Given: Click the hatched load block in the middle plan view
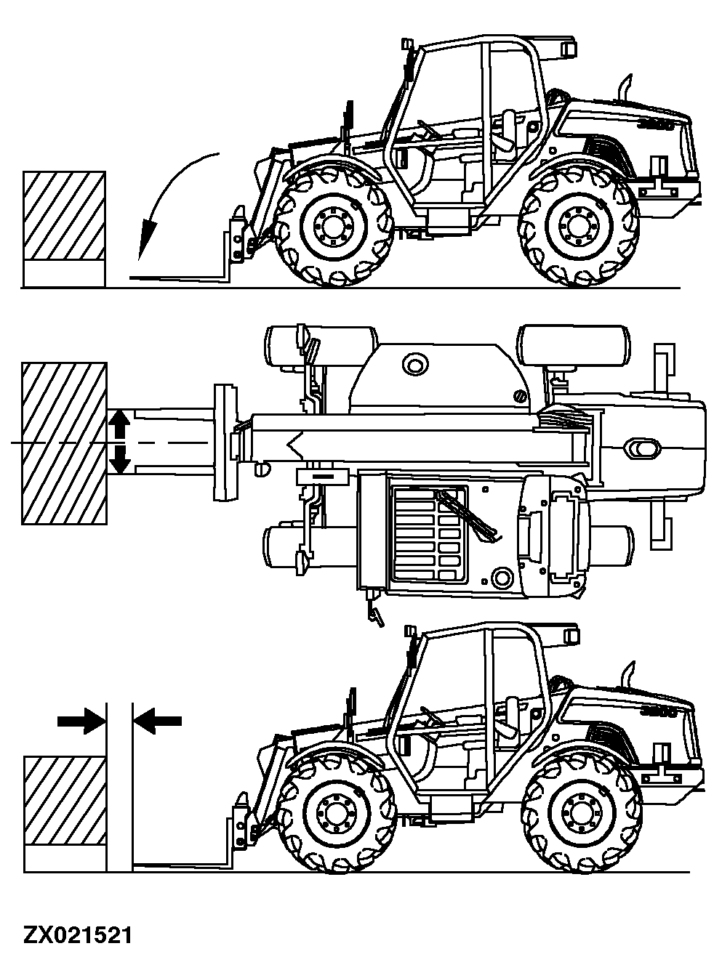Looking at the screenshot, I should point(65,442).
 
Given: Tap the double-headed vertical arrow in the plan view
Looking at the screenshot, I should point(120,442).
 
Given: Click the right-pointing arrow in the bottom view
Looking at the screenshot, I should point(81,720).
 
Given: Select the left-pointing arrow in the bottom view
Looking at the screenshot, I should point(158,720).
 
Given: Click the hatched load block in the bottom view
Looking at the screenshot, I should point(65,799).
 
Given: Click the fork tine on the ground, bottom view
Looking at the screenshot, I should point(182,865).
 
